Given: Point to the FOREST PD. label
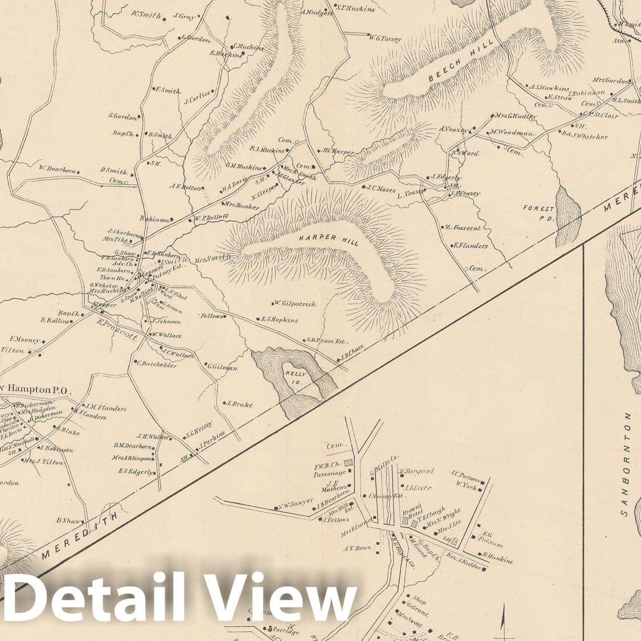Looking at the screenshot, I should click(538, 213).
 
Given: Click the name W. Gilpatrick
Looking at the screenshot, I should click(295, 304).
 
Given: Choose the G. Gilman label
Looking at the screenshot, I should click(222, 367).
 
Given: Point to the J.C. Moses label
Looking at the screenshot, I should click(381, 189).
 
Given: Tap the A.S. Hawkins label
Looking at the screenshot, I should click(549, 88).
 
